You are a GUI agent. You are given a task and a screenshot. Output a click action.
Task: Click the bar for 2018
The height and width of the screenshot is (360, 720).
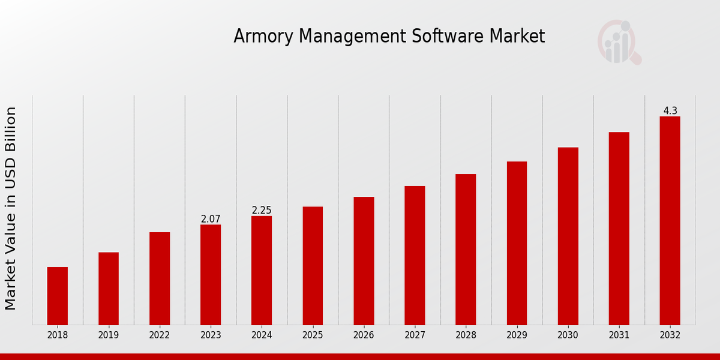(58, 296)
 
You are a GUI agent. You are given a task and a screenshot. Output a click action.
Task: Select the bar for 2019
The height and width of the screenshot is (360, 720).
(109, 289)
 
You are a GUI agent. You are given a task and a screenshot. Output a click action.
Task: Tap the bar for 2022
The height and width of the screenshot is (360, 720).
(160, 278)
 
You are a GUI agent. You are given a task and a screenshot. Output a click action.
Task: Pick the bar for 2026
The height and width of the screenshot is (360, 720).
(364, 261)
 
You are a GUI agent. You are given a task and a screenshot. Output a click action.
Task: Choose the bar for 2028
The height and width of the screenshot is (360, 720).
(466, 250)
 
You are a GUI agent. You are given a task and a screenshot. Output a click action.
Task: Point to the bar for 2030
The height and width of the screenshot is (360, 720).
(568, 236)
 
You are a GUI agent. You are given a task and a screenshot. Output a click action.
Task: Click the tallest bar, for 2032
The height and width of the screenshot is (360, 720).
(670, 221)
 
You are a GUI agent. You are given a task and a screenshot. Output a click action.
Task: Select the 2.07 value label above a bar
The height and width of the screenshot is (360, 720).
(211, 219)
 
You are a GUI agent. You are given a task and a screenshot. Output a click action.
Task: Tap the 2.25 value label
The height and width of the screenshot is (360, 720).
(262, 210)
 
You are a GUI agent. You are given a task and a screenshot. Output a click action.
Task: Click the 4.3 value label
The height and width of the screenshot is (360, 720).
(670, 110)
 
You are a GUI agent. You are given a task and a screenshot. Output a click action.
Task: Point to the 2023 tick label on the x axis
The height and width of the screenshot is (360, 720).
(211, 335)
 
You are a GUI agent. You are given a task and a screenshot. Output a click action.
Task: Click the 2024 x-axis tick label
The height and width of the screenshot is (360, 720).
(262, 335)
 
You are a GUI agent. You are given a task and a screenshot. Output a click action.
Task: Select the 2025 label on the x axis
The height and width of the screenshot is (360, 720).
(313, 335)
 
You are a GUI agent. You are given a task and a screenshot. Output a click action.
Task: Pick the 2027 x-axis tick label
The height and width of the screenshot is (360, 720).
(415, 335)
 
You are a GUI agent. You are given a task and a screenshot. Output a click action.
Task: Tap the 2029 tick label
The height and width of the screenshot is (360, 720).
(517, 335)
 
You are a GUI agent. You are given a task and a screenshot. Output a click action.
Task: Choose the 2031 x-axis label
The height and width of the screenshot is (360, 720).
(619, 335)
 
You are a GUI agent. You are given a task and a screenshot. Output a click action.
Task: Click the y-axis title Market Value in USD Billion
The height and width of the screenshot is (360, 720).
(11, 208)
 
